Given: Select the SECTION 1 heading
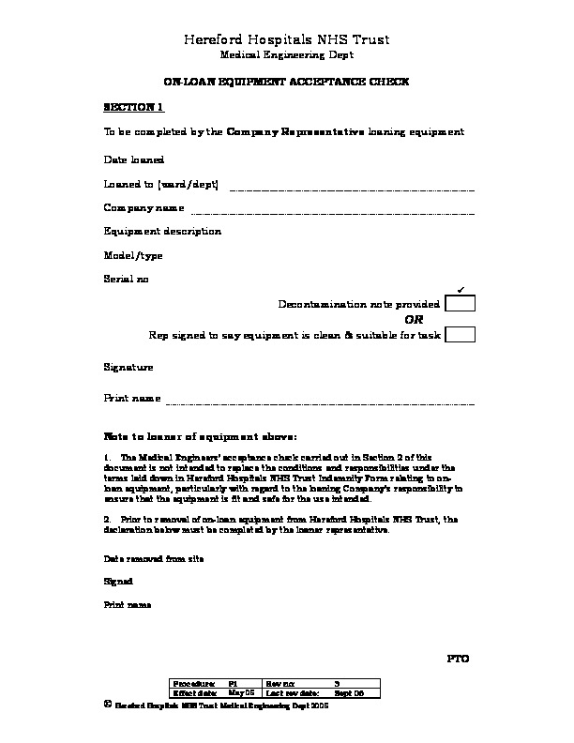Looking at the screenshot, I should click(133, 108).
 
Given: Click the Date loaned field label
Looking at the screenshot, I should click(133, 160).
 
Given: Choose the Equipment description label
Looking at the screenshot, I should click(162, 231).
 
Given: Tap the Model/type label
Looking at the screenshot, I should click(133, 255).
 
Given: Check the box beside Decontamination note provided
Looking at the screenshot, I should click(460, 304).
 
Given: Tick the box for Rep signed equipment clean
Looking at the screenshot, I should click(460, 335).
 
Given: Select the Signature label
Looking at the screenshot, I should click(128, 368).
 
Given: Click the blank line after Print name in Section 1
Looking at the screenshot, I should click(319, 402).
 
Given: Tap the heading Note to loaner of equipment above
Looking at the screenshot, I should click(200, 437).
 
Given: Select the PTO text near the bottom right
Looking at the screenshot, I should click(457, 660).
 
